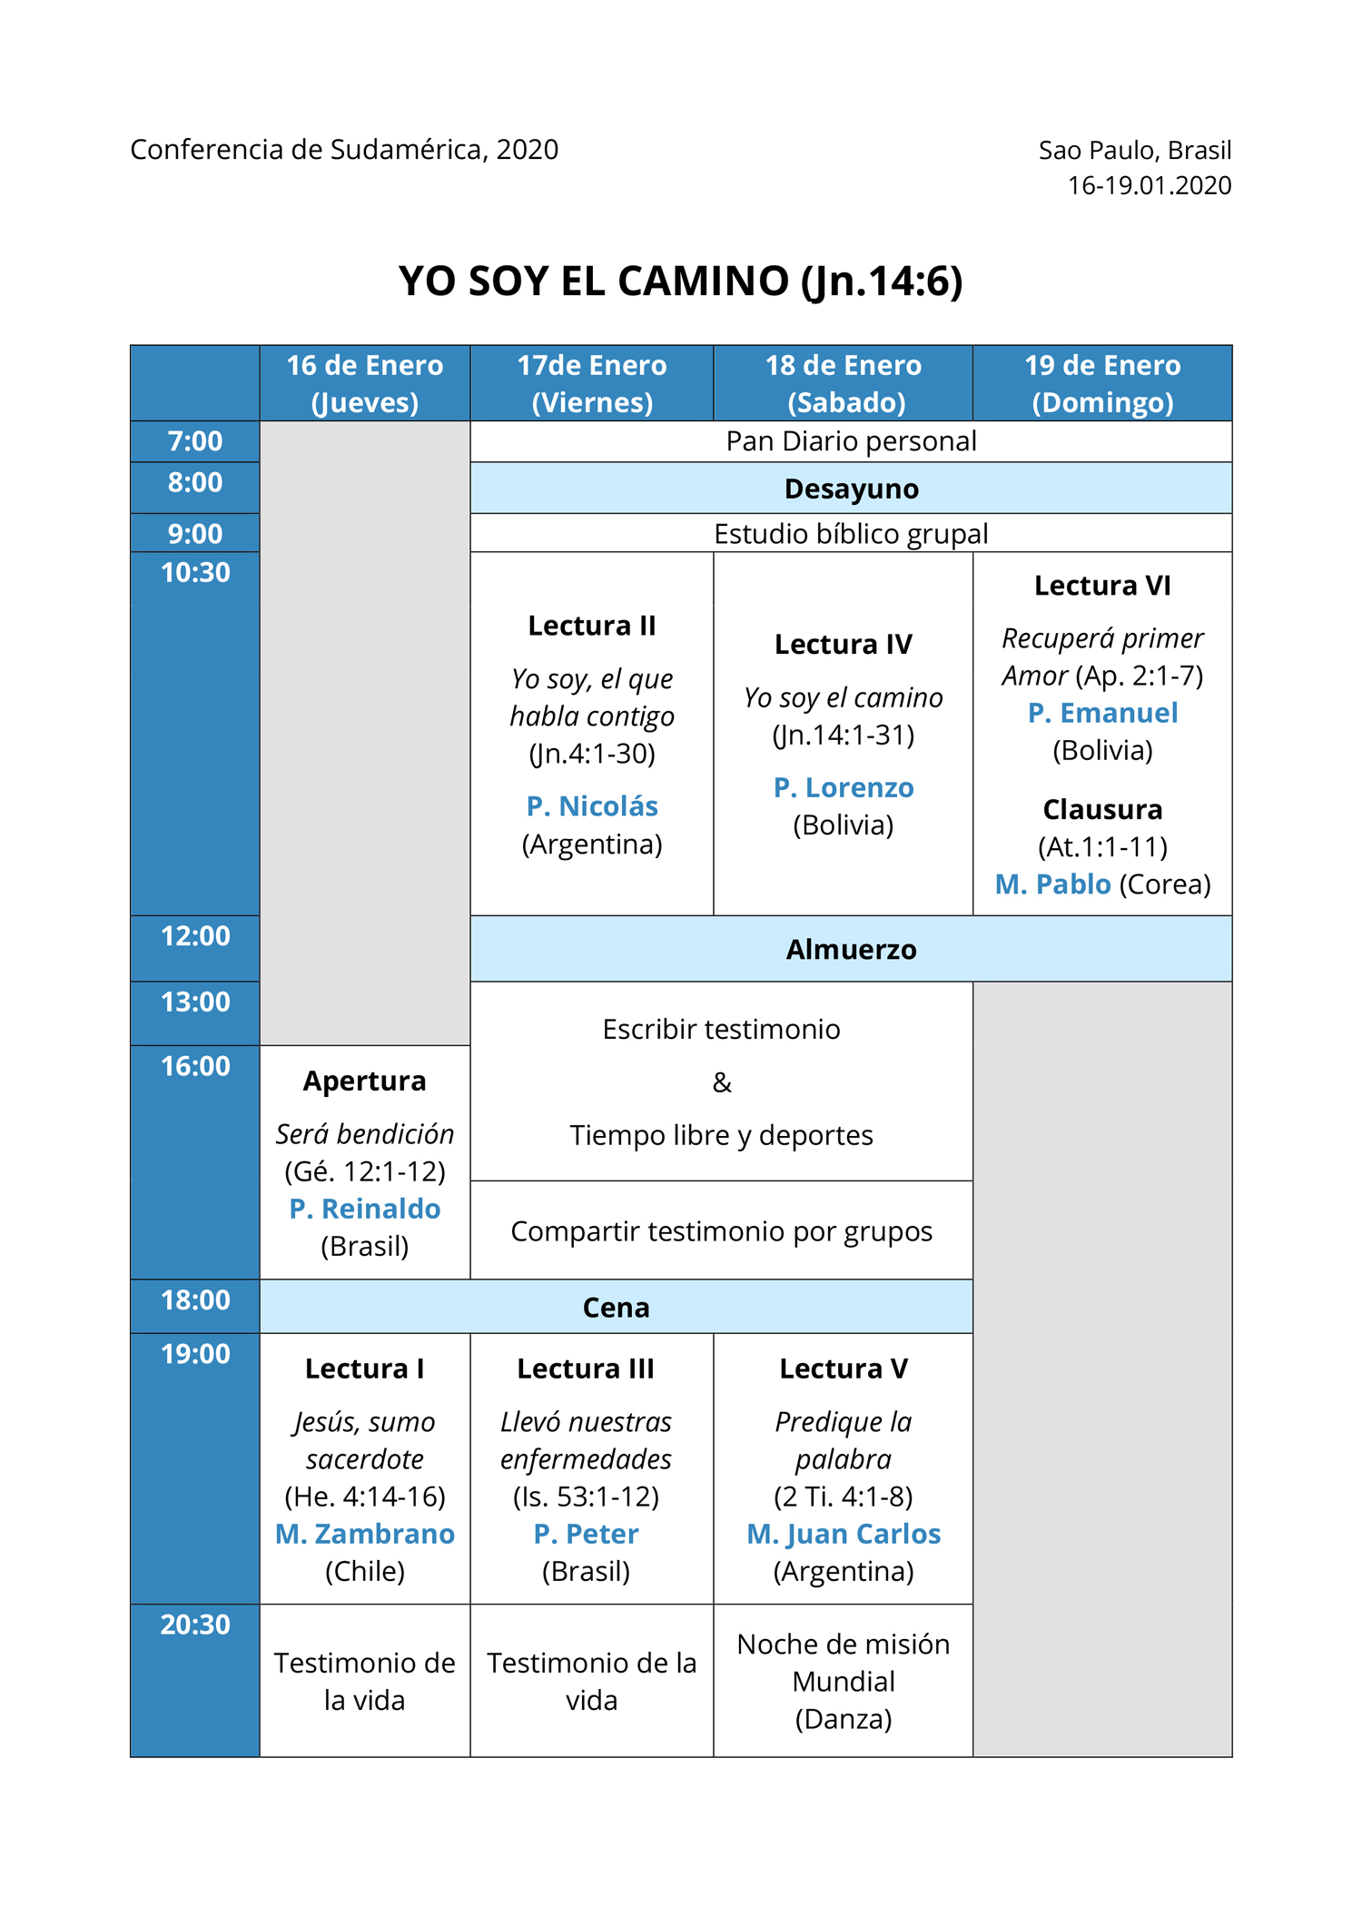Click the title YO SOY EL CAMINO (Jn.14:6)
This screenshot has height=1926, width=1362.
pos(680,281)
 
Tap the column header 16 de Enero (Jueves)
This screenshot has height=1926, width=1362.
pos(365,383)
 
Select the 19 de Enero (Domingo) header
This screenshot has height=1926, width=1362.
pos(1102,383)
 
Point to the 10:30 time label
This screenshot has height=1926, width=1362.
pos(195,573)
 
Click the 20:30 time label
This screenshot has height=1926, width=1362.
pos(195,1625)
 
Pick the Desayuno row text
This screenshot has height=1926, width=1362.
pos(852,489)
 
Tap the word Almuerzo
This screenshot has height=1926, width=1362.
pos(852,949)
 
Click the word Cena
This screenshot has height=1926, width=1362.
pos(617,1308)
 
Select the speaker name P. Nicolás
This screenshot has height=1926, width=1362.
pos(592,806)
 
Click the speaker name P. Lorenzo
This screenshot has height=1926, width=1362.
pos(844,788)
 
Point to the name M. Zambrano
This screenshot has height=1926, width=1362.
pos(365,1534)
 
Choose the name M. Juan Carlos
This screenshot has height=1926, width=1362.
pos(844,1534)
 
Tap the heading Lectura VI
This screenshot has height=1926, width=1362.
pos(1102,587)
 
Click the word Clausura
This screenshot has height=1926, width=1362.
pos(1102,809)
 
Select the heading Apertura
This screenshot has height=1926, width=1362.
pos(365,1082)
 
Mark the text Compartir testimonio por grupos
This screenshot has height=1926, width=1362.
pos(722,1231)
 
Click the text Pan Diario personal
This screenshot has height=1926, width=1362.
pos(852,441)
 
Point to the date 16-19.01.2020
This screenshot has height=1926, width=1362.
pos(1150,185)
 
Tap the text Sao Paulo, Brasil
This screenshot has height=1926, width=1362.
pos(1135,150)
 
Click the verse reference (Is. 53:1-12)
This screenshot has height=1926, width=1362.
pos(587,1496)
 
